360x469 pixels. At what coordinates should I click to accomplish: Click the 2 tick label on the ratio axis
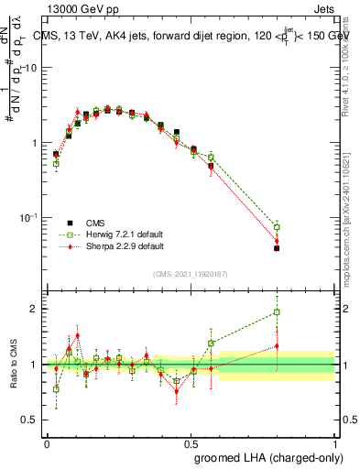tap(35, 309)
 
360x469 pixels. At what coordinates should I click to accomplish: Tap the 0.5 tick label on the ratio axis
tap(30, 420)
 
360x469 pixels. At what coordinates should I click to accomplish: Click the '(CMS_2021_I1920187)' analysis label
tap(191, 273)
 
